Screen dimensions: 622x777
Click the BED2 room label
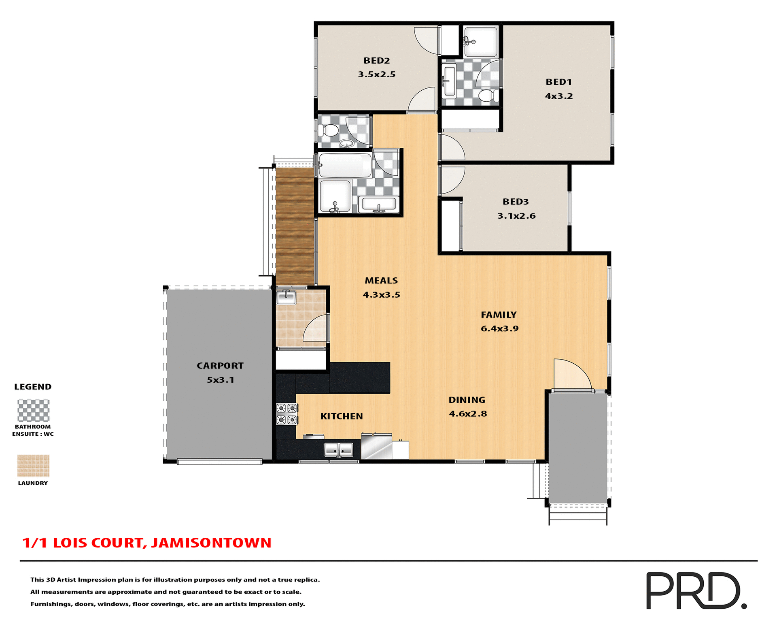(376, 61)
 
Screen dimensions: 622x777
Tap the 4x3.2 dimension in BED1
(558, 96)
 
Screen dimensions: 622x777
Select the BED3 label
(516, 202)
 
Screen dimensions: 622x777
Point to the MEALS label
(381, 281)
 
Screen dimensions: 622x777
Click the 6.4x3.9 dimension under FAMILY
(499, 329)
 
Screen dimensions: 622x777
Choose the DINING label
(467, 400)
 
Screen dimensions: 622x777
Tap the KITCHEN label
(342, 416)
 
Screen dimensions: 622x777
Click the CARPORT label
(220, 366)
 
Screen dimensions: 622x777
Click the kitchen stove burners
(287, 414)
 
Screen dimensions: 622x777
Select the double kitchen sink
(339, 449)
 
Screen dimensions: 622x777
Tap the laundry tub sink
(286, 298)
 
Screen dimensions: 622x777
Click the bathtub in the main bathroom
(345, 165)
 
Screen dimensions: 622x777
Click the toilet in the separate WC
(328, 131)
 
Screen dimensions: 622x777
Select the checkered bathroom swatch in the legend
(33, 411)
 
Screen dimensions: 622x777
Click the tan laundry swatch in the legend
(33, 466)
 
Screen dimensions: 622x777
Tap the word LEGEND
(33, 387)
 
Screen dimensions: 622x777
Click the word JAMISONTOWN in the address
(211, 543)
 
